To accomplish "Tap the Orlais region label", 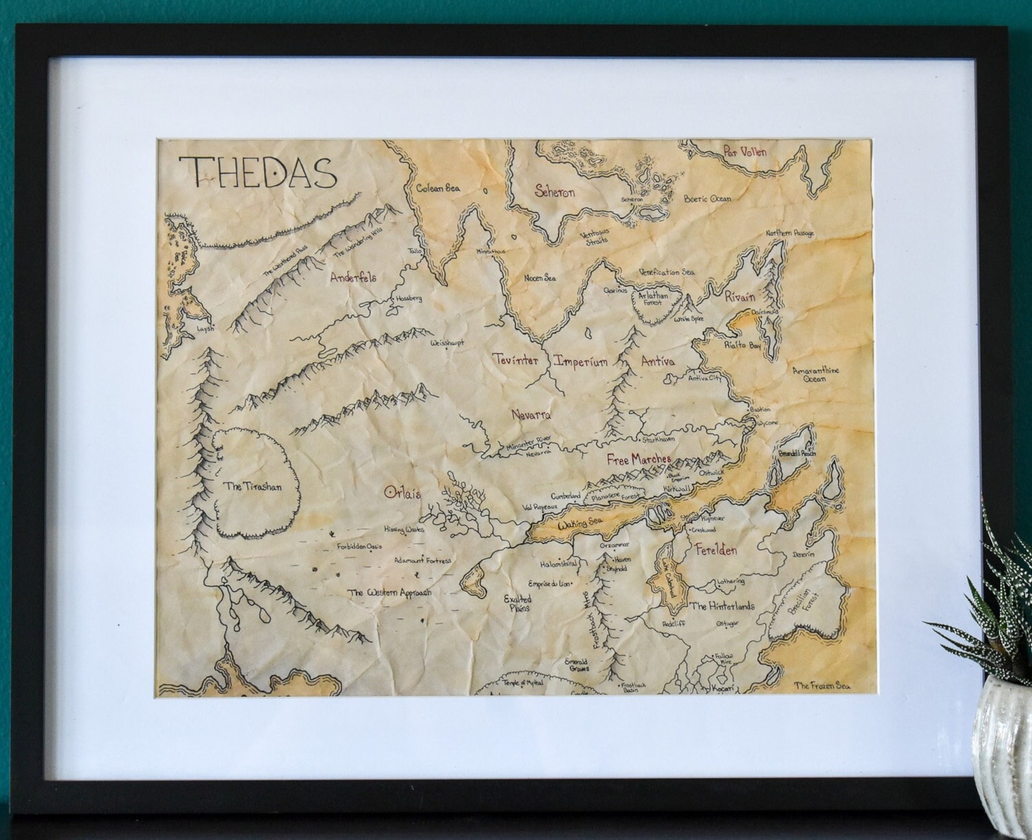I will pyautogui.click(x=402, y=493).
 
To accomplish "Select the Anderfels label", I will pyautogui.click(x=353, y=277).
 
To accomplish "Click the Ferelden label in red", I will pyautogui.click(x=716, y=550).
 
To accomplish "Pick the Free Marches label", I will pyautogui.click(x=638, y=459).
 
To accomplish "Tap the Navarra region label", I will pyautogui.click(x=531, y=414).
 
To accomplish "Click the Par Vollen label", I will pyautogui.click(x=745, y=152).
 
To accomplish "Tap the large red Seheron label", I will pyautogui.click(x=554, y=192).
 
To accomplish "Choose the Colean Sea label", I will pyautogui.click(x=438, y=188).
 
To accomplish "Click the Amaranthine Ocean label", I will pyautogui.click(x=815, y=375).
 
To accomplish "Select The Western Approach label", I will pyautogui.click(x=389, y=592).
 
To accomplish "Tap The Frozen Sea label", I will pyautogui.click(x=821, y=685).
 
